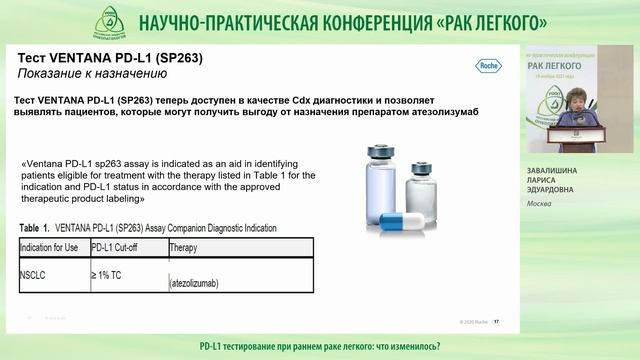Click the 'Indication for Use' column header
[51, 246]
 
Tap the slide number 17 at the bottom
[496, 322]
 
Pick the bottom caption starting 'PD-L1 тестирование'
[320, 345]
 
